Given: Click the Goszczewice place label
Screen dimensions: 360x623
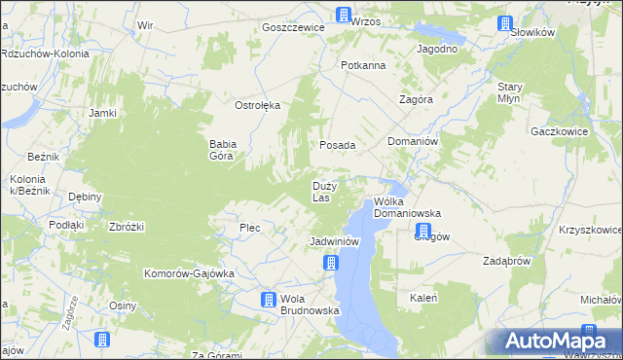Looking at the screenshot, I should click(293, 28).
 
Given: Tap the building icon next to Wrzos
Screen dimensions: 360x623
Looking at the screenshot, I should click(343, 15).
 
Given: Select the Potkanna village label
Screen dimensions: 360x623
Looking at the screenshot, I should click(363, 65).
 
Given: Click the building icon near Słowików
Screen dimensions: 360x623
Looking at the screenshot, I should click(504, 24).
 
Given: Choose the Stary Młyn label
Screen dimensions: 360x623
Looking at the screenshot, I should click(509, 92).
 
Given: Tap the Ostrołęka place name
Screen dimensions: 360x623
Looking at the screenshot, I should click(258, 105).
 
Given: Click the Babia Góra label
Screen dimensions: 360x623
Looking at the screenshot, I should click(223, 149).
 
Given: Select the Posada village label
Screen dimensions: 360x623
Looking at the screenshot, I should click(338, 145).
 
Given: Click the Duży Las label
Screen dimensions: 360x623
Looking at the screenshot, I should click(324, 191).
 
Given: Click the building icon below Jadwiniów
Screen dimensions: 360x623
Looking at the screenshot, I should click(331, 263).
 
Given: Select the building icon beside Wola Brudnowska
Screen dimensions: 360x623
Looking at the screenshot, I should click(268, 301).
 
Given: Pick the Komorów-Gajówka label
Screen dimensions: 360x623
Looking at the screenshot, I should click(189, 273).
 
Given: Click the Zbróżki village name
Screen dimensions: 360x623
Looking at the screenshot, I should click(128, 227).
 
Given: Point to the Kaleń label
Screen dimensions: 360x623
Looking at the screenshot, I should click(423, 298).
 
